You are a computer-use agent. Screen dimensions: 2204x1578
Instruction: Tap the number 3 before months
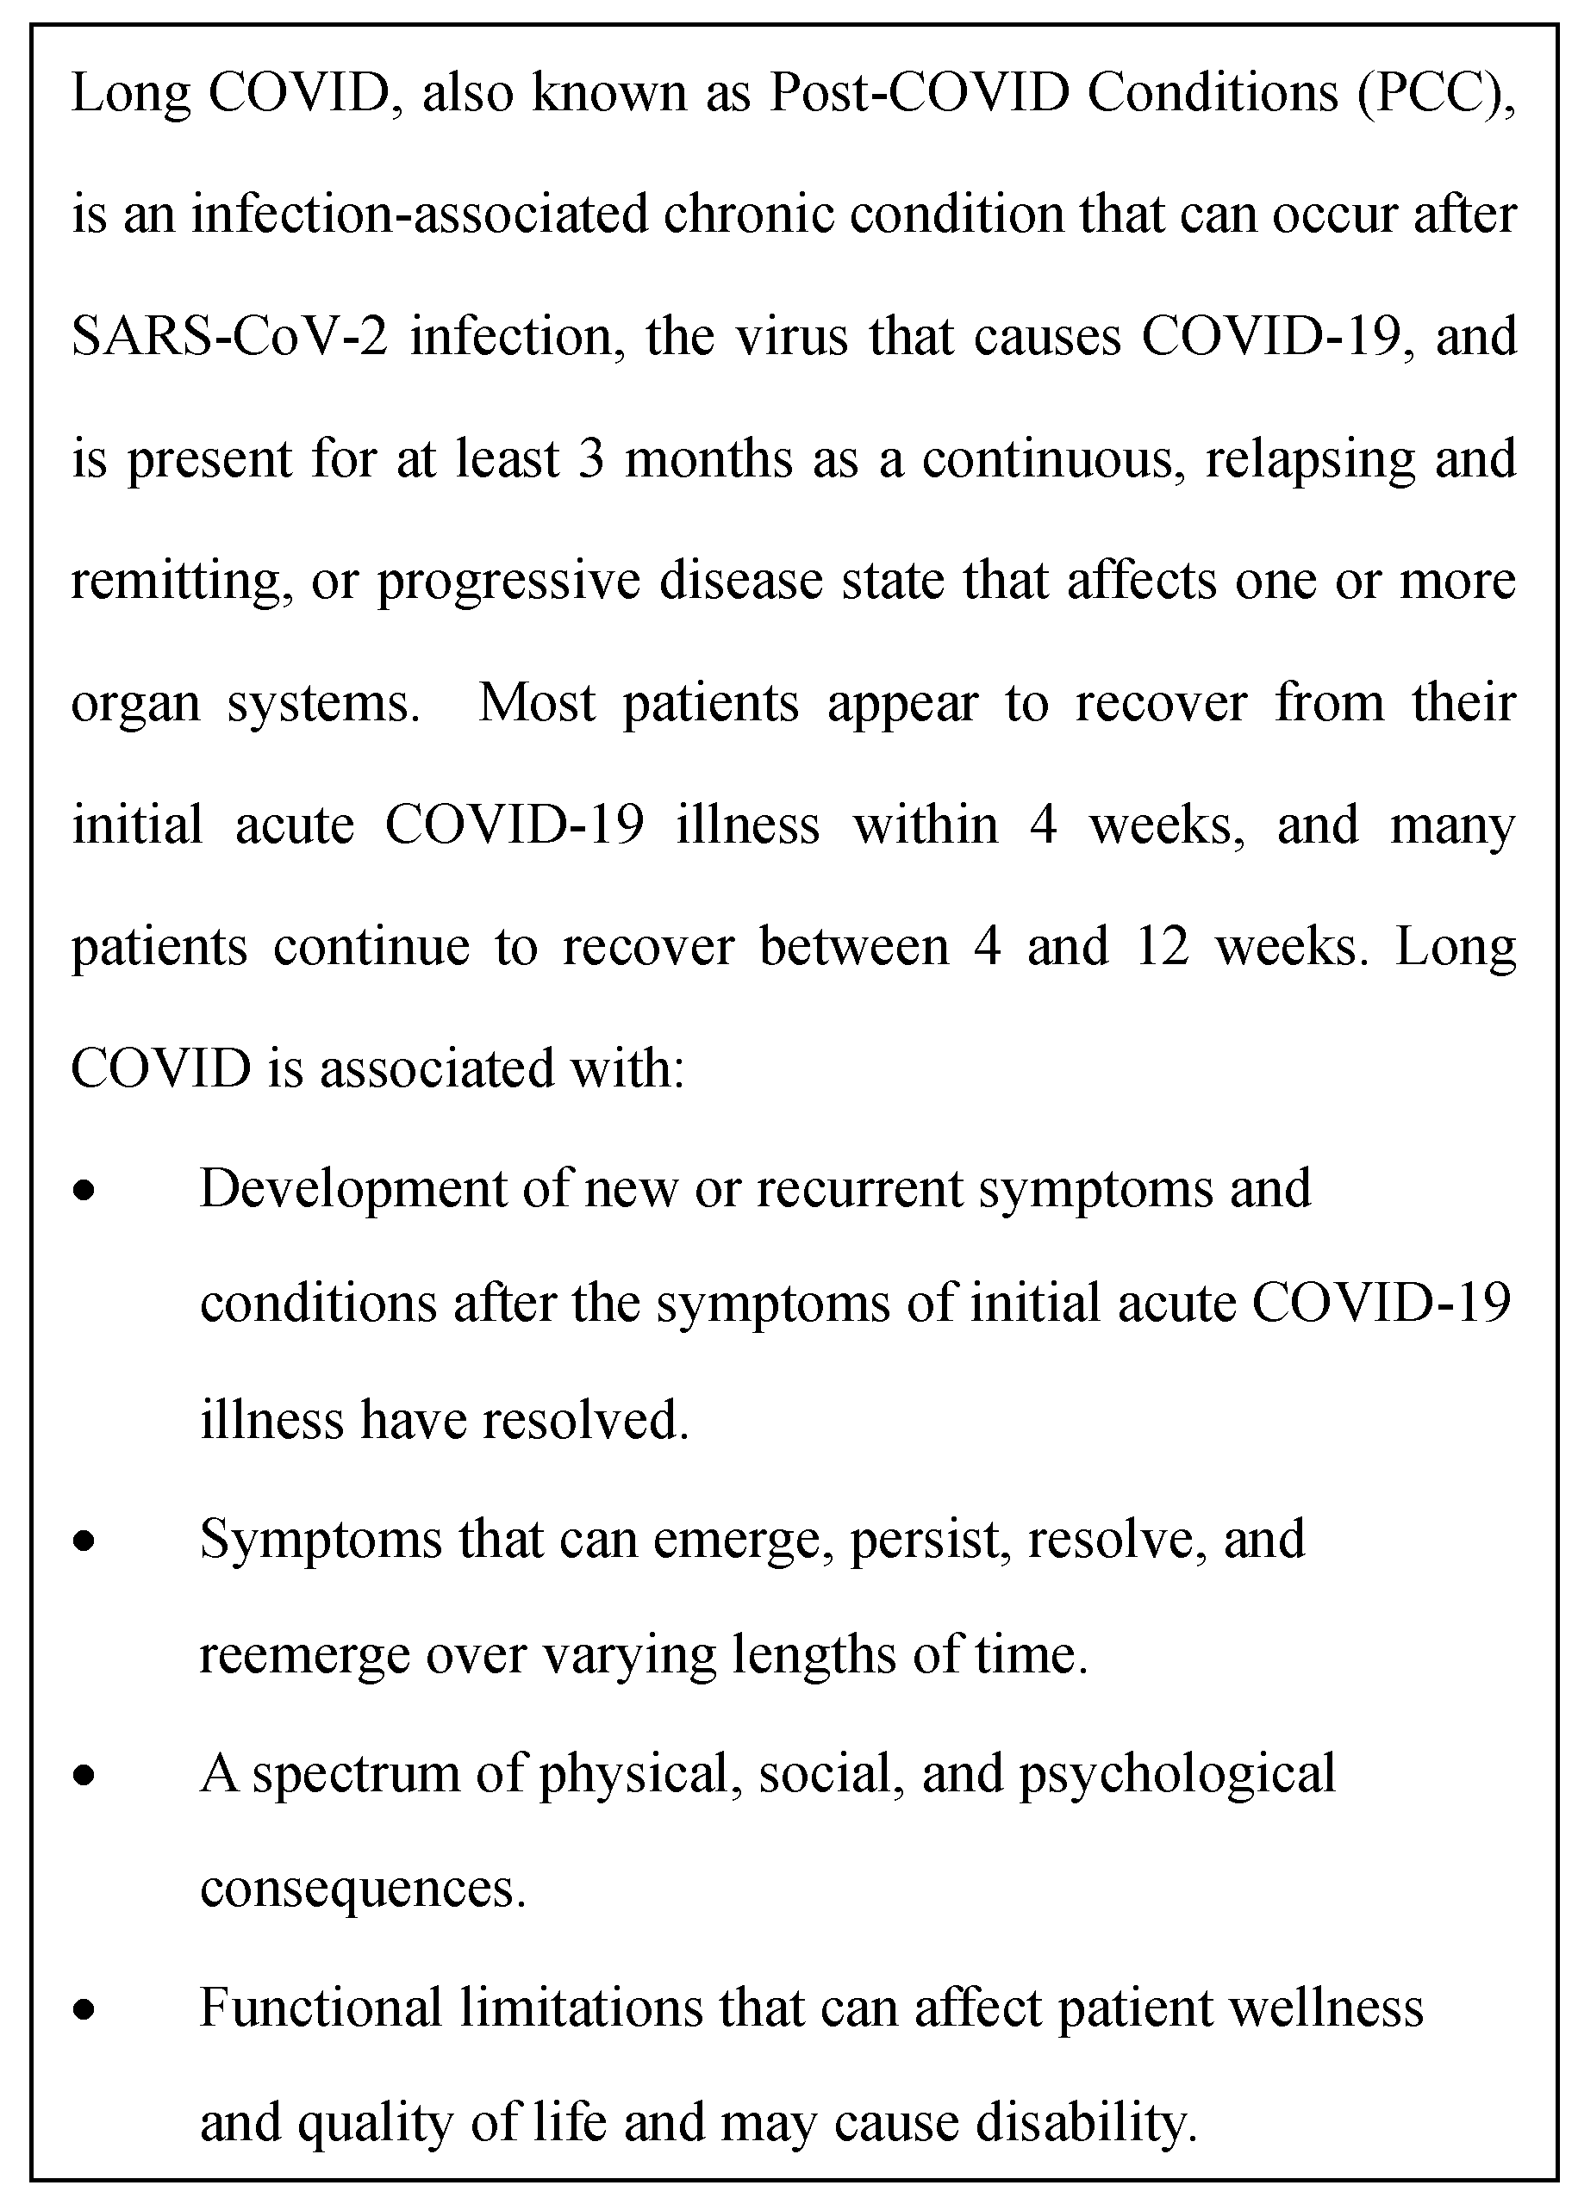point(590,459)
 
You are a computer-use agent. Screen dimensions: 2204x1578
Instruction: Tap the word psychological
point(1176,1774)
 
